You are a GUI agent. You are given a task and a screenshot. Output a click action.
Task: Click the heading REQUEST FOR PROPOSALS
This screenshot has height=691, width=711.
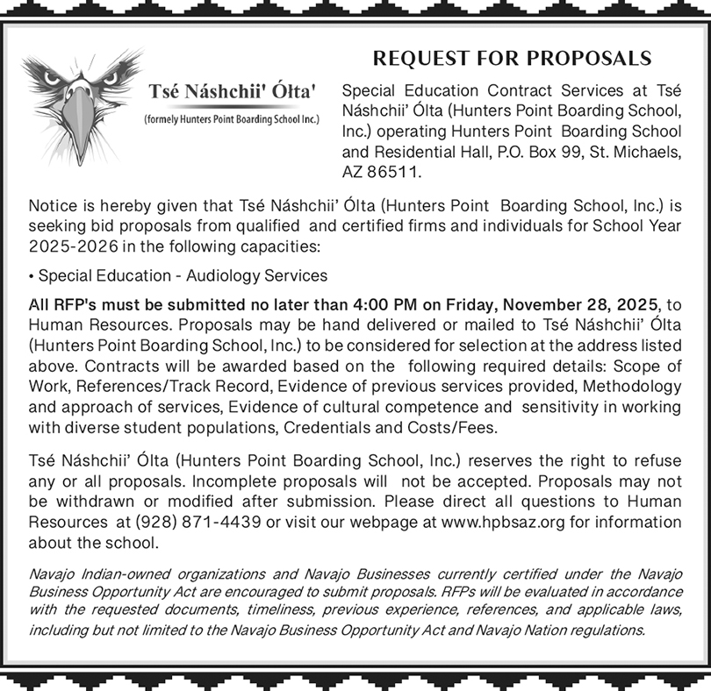(x=513, y=59)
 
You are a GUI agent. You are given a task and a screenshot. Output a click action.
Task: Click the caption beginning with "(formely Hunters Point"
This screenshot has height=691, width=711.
(x=231, y=118)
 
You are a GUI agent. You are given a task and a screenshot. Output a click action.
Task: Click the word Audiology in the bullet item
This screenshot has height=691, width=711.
(x=223, y=275)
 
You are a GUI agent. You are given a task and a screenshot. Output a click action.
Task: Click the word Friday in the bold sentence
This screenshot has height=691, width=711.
(x=465, y=304)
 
